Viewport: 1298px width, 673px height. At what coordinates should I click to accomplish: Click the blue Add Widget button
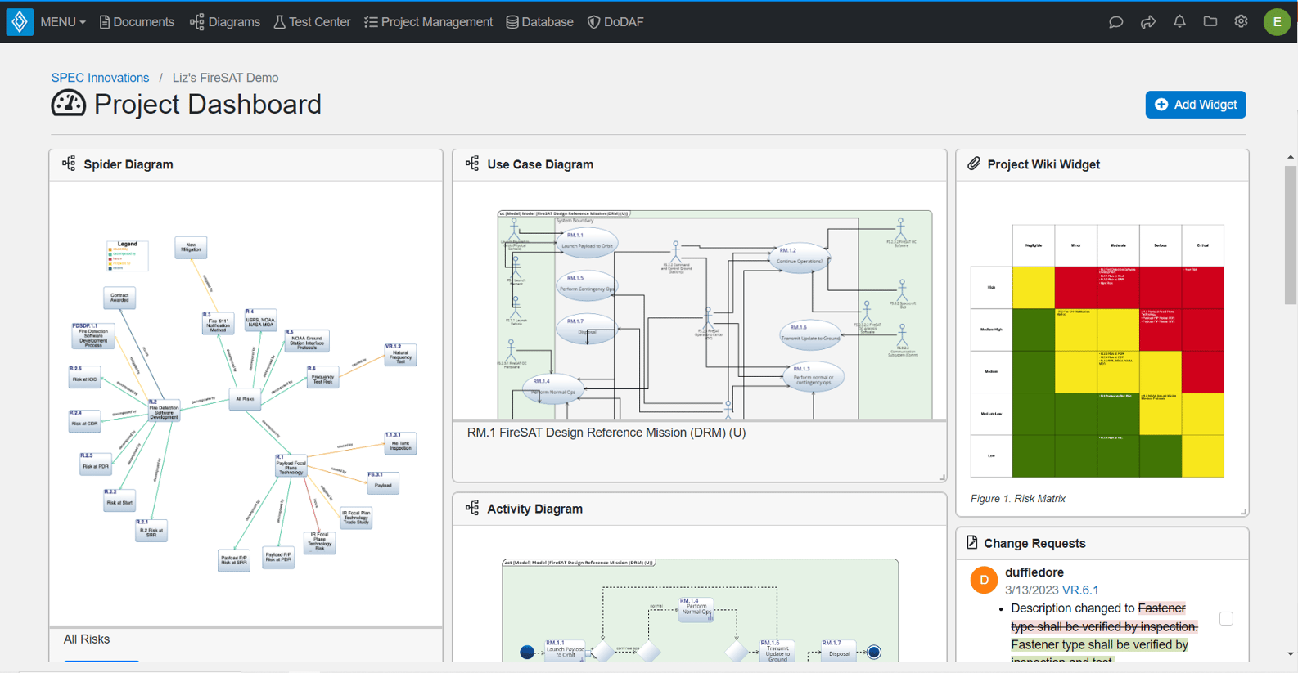[x=1195, y=105]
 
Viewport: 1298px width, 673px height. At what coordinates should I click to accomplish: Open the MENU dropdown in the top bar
[x=63, y=22]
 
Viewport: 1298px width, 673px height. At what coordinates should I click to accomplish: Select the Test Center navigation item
[x=312, y=22]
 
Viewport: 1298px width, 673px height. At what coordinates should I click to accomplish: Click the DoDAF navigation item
[x=615, y=22]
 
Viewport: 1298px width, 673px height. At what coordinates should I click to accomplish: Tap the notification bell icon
[x=1179, y=22]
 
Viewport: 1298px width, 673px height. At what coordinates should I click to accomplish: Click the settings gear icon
[x=1241, y=22]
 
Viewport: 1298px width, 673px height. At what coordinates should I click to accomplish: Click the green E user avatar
[x=1277, y=22]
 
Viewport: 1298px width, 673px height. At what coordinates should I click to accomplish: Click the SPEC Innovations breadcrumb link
[x=100, y=78]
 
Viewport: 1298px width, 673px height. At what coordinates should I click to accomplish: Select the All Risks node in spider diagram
[x=245, y=399]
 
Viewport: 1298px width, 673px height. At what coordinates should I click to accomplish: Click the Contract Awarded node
[x=119, y=298]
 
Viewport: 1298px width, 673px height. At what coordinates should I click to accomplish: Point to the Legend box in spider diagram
[x=128, y=255]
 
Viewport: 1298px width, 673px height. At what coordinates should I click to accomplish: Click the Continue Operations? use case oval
[x=799, y=258]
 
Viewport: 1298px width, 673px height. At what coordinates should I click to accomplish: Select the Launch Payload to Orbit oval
[x=586, y=243]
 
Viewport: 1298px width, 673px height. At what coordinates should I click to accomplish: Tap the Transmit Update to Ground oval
[x=809, y=335]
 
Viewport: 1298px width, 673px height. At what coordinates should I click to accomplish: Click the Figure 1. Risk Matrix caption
[x=1017, y=499]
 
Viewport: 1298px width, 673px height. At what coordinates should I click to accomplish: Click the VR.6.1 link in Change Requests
[x=1079, y=590]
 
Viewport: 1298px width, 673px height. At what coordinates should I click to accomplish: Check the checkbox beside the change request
[x=1225, y=618]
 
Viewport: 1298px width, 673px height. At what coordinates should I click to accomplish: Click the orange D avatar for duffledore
[x=984, y=580]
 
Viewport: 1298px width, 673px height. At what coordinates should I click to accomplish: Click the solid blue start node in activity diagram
[x=527, y=652]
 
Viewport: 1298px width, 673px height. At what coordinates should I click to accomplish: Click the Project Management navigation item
[x=428, y=22]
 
